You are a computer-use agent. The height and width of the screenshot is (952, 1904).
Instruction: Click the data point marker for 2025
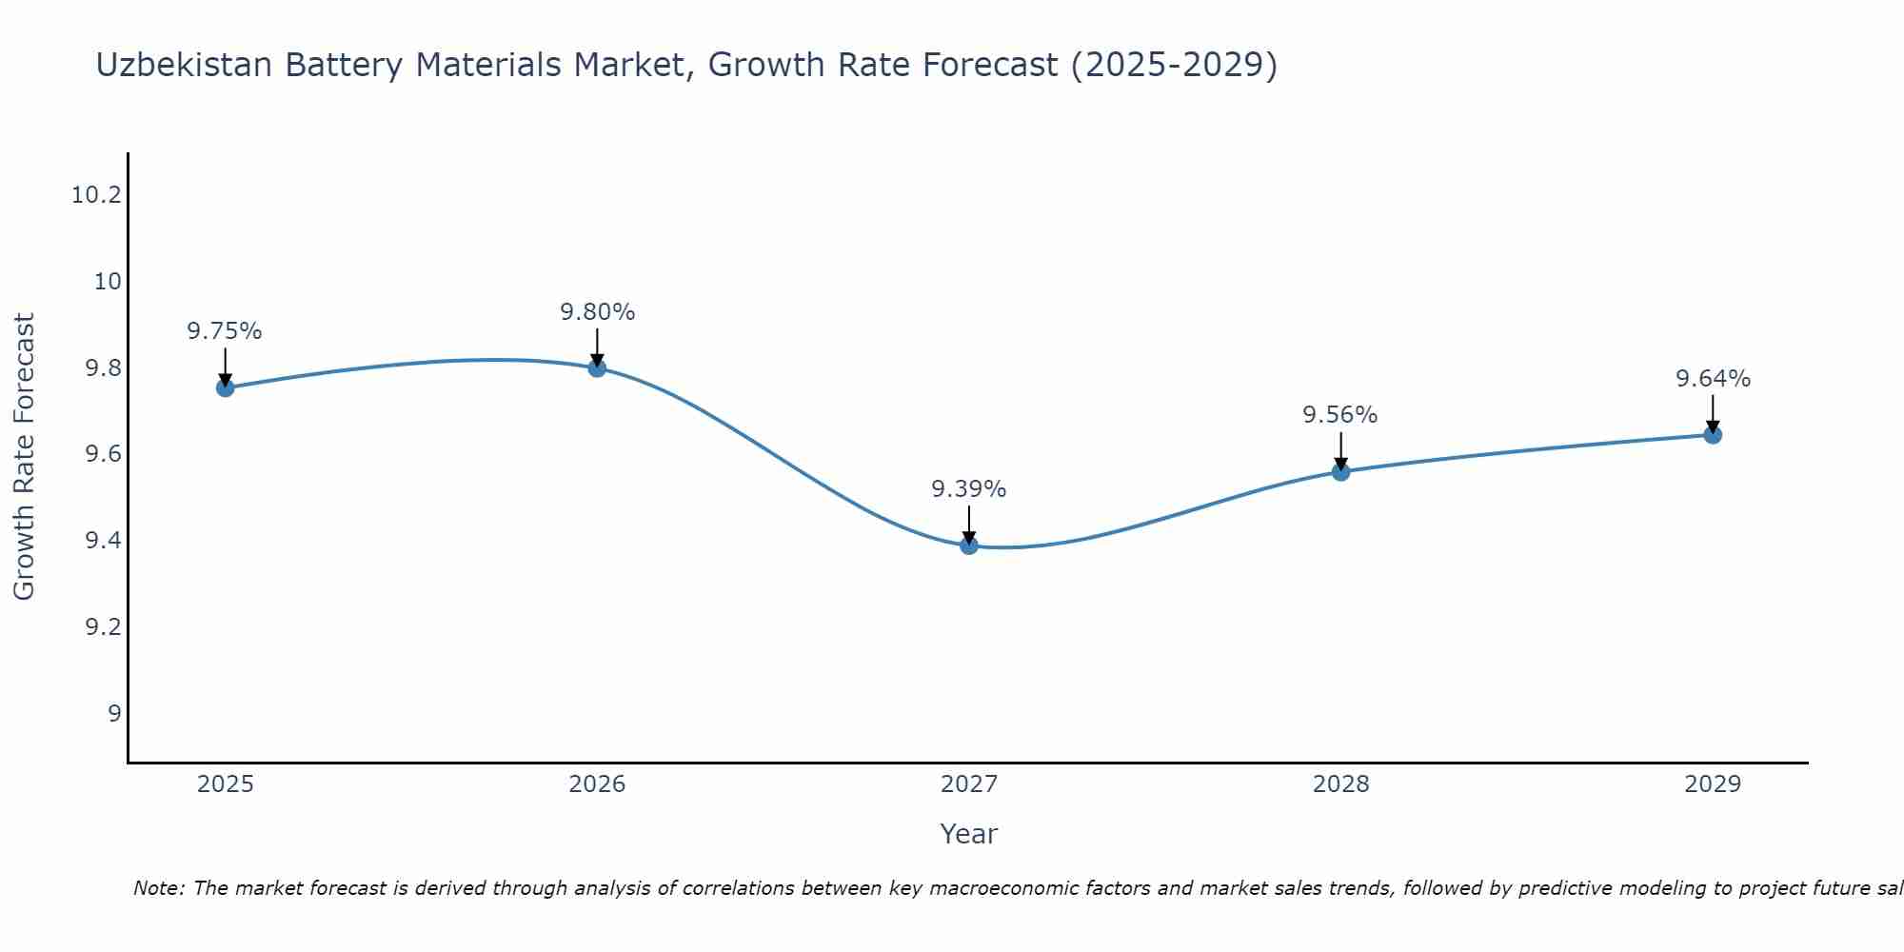[x=225, y=387]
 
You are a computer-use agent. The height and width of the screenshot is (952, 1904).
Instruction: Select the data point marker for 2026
[x=597, y=367]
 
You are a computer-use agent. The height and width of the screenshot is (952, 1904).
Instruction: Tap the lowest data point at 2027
[x=969, y=545]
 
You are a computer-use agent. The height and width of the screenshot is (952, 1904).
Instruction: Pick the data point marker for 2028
[x=1340, y=471]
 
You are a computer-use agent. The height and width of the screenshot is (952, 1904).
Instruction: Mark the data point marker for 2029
[x=1713, y=435]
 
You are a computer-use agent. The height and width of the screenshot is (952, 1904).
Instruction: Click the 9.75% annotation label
[x=225, y=331]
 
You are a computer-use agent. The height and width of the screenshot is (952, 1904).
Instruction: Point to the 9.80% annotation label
[x=597, y=311]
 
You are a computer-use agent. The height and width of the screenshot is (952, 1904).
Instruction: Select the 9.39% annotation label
[x=969, y=489]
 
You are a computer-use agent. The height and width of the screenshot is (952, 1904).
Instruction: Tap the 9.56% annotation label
[x=1340, y=415]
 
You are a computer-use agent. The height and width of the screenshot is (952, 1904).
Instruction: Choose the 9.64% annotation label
[x=1713, y=379]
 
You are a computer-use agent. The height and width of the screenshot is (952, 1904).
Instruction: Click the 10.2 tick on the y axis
[x=96, y=195]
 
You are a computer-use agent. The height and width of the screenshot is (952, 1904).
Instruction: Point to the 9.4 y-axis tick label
[x=103, y=541]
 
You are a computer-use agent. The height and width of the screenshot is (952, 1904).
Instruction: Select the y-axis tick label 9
[x=114, y=714]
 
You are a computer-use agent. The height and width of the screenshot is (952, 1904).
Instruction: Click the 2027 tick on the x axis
[x=969, y=784]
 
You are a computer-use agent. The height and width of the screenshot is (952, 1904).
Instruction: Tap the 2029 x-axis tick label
[x=1713, y=784]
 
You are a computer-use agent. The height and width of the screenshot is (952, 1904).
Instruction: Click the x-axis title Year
[x=969, y=834]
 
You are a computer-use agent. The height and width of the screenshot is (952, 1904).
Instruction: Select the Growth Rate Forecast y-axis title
[x=24, y=457]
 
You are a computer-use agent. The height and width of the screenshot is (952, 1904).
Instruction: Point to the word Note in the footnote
[x=157, y=888]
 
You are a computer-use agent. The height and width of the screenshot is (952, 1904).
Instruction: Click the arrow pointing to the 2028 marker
[x=1340, y=451]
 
